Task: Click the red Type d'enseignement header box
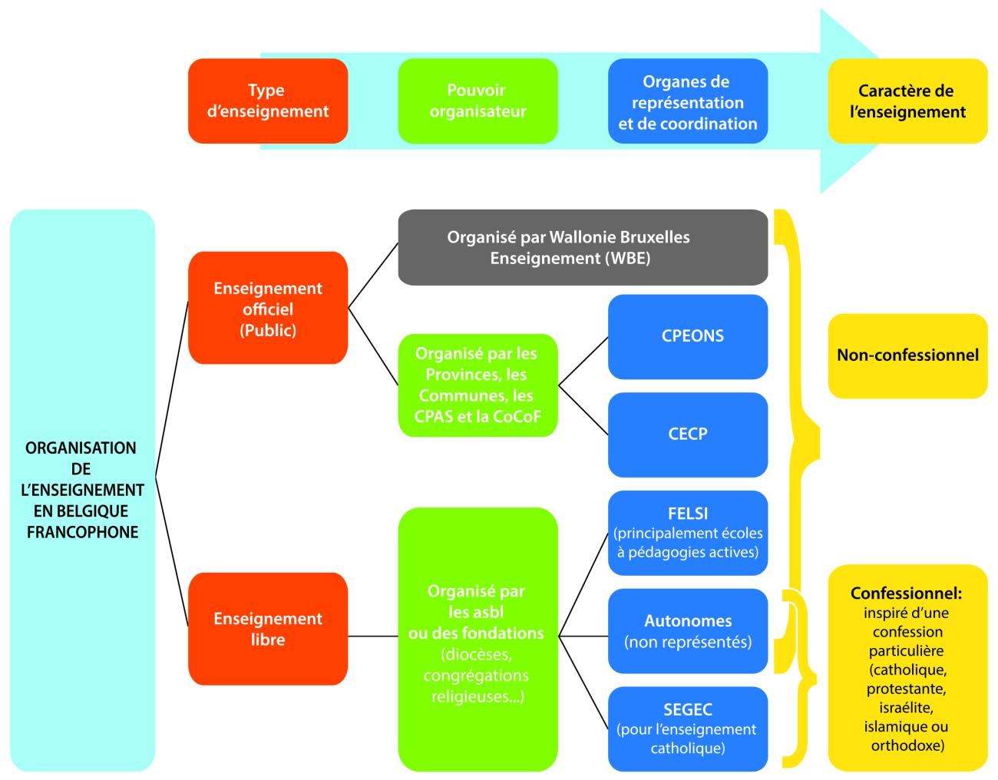(x=268, y=101)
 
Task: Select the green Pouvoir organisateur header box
(x=478, y=101)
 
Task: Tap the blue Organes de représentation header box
(x=688, y=101)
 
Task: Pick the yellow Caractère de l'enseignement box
(x=907, y=101)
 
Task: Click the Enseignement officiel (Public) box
(x=268, y=308)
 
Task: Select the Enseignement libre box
(x=268, y=629)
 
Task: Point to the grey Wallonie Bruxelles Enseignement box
(x=583, y=247)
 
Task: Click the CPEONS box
(x=688, y=336)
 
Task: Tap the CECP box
(x=688, y=435)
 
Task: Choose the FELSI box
(x=688, y=533)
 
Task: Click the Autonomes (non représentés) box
(x=688, y=631)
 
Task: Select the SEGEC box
(x=688, y=729)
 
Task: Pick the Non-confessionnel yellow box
(x=907, y=355)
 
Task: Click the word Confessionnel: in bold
(x=906, y=593)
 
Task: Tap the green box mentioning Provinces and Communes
(x=478, y=385)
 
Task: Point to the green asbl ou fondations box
(x=478, y=639)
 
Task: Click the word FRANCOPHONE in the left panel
(x=82, y=532)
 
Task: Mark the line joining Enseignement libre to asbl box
(x=372, y=636)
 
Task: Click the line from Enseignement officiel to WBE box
(x=373, y=275)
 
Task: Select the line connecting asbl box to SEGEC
(x=583, y=682)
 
